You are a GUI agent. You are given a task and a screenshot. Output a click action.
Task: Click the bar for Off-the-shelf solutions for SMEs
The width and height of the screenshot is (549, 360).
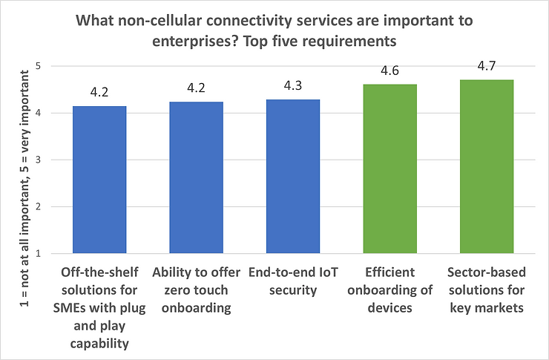[99, 180]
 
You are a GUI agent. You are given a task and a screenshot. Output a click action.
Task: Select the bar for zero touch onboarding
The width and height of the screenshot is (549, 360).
[197, 177]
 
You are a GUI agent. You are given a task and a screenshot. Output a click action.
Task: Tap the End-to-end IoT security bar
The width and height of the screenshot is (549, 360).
[293, 177]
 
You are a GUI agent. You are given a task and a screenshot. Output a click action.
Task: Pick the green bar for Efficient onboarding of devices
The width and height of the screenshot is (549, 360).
[390, 168]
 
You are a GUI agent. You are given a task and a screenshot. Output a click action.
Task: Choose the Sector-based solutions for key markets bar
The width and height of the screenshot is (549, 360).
[487, 167]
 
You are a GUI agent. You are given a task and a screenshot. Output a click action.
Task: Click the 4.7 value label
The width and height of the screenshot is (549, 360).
[487, 66]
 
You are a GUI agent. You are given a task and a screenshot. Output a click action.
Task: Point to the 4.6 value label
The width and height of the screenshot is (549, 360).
[390, 71]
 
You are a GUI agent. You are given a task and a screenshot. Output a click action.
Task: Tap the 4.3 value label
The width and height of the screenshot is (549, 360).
[293, 86]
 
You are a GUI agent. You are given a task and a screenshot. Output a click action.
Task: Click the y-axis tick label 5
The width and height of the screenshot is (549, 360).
[38, 66]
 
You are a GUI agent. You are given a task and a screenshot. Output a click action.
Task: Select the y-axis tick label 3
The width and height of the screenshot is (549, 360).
[38, 160]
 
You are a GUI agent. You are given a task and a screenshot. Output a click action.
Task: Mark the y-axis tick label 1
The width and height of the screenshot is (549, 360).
[38, 254]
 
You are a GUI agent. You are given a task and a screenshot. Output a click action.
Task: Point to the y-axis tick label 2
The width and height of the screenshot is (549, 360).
[38, 206]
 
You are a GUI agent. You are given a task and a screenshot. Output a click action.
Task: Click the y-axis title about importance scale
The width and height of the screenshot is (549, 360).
[24, 189]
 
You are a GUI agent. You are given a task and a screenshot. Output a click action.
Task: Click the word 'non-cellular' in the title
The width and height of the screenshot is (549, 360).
[161, 21]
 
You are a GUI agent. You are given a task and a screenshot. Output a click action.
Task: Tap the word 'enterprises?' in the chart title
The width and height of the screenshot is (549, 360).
[195, 42]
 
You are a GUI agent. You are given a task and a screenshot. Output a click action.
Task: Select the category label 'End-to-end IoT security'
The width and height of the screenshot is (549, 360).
[293, 281]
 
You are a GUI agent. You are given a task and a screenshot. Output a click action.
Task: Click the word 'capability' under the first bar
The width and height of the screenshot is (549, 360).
[99, 344]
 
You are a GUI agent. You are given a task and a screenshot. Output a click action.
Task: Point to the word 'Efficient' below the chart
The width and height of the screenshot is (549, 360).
[389, 272]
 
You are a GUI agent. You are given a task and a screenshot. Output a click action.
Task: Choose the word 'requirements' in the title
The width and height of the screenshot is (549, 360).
[351, 42]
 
